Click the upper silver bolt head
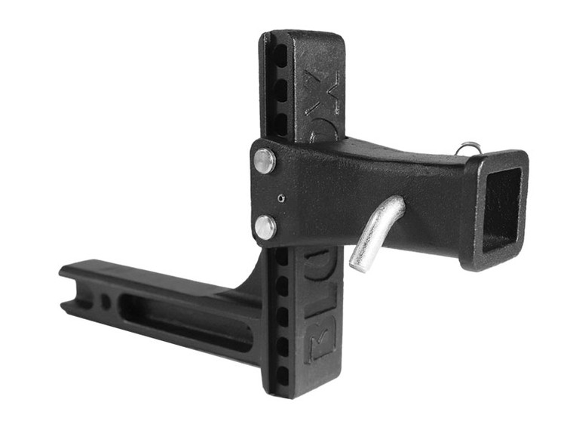click(264, 161)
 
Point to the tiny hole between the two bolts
click(280, 198)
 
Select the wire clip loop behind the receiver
click(469, 149)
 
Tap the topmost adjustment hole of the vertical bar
click(280, 54)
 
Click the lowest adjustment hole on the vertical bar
click(282, 375)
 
